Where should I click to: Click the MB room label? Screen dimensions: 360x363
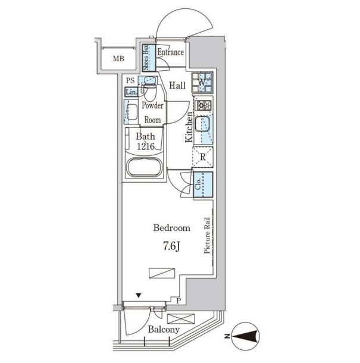click(x=118, y=59)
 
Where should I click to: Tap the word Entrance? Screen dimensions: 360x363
click(x=171, y=52)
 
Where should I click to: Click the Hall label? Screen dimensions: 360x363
click(x=177, y=86)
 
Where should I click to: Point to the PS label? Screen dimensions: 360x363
click(x=130, y=80)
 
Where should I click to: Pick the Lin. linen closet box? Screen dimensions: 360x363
click(x=132, y=92)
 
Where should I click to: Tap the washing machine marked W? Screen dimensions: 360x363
click(x=202, y=82)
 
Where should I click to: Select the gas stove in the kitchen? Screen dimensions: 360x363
click(x=204, y=105)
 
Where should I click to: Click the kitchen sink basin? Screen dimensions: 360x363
click(x=202, y=124)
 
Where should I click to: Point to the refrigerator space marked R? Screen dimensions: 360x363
click(x=202, y=157)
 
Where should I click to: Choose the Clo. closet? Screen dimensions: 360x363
click(x=203, y=184)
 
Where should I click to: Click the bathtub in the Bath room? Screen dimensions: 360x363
click(x=145, y=167)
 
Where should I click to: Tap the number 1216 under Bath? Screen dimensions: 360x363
click(x=146, y=146)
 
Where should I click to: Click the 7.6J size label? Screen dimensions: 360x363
click(x=171, y=247)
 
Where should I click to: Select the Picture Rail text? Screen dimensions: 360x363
click(x=207, y=235)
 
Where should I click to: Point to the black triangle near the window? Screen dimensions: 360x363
click(x=139, y=295)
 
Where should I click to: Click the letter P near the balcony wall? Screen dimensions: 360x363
click(x=179, y=301)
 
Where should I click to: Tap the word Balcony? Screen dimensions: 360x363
click(x=164, y=330)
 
